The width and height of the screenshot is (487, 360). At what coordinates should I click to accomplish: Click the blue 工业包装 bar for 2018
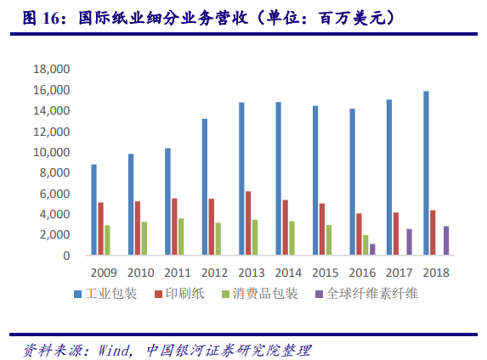[426, 173]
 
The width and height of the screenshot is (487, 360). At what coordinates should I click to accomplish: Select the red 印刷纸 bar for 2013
[248, 223]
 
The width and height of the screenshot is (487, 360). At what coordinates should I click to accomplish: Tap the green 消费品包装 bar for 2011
[181, 237]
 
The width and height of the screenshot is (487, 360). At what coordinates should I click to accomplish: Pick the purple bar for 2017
[409, 242]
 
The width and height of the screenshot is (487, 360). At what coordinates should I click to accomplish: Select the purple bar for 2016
[372, 250]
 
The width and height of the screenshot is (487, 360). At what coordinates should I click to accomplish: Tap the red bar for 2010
[138, 228]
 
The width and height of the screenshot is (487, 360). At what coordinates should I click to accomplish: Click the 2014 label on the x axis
[290, 273]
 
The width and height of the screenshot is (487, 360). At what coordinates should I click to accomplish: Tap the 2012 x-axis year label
[216, 273]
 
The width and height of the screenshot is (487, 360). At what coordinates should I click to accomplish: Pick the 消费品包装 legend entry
[269, 294]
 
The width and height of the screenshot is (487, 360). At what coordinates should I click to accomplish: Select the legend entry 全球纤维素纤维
[369, 294]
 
